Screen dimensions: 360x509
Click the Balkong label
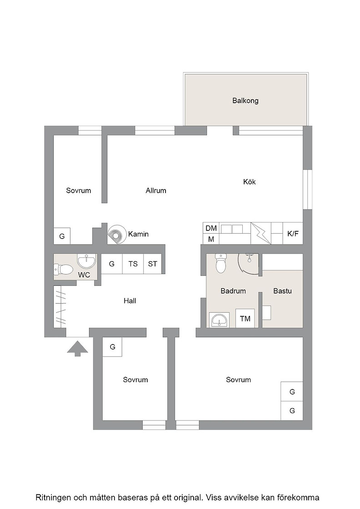pyautogui.click(x=245, y=100)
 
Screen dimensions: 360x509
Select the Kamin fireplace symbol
pyautogui.click(x=117, y=234)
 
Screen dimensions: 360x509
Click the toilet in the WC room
pyautogui.click(x=64, y=269)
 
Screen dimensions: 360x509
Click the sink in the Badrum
pyautogui.click(x=220, y=320)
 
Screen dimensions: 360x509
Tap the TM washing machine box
pyautogui.click(x=245, y=319)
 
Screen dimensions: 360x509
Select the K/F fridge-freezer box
pyautogui.click(x=293, y=234)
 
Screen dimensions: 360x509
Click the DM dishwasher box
pyautogui.click(x=211, y=228)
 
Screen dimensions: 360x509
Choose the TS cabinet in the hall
pyautogui.click(x=133, y=264)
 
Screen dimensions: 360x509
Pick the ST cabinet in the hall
pyautogui.click(x=153, y=264)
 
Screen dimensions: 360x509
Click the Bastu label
pyautogui.click(x=282, y=291)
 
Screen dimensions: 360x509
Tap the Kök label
pyautogui.click(x=249, y=182)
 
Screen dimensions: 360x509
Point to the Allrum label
pyautogui.click(x=156, y=190)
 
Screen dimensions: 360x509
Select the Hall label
pyautogui.click(x=130, y=301)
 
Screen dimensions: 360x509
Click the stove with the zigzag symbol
pyautogui.click(x=261, y=234)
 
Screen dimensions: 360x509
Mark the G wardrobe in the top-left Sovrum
pyautogui.click(x=62, y=236)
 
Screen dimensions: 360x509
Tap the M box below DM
pyautogui.click(x=211, y=239)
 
